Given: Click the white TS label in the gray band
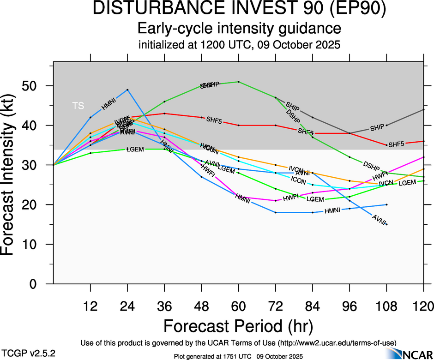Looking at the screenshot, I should (x=78, y=106).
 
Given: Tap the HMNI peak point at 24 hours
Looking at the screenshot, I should (x=127, y=90).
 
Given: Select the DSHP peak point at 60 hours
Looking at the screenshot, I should (x=238, y=82).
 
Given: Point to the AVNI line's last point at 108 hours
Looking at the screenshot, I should (x=386, y=224).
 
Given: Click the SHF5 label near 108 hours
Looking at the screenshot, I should (x=396, y=144).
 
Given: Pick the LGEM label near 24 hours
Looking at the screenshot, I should (x=135, y=150).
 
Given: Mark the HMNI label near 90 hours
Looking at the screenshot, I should (x=332, y=211).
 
